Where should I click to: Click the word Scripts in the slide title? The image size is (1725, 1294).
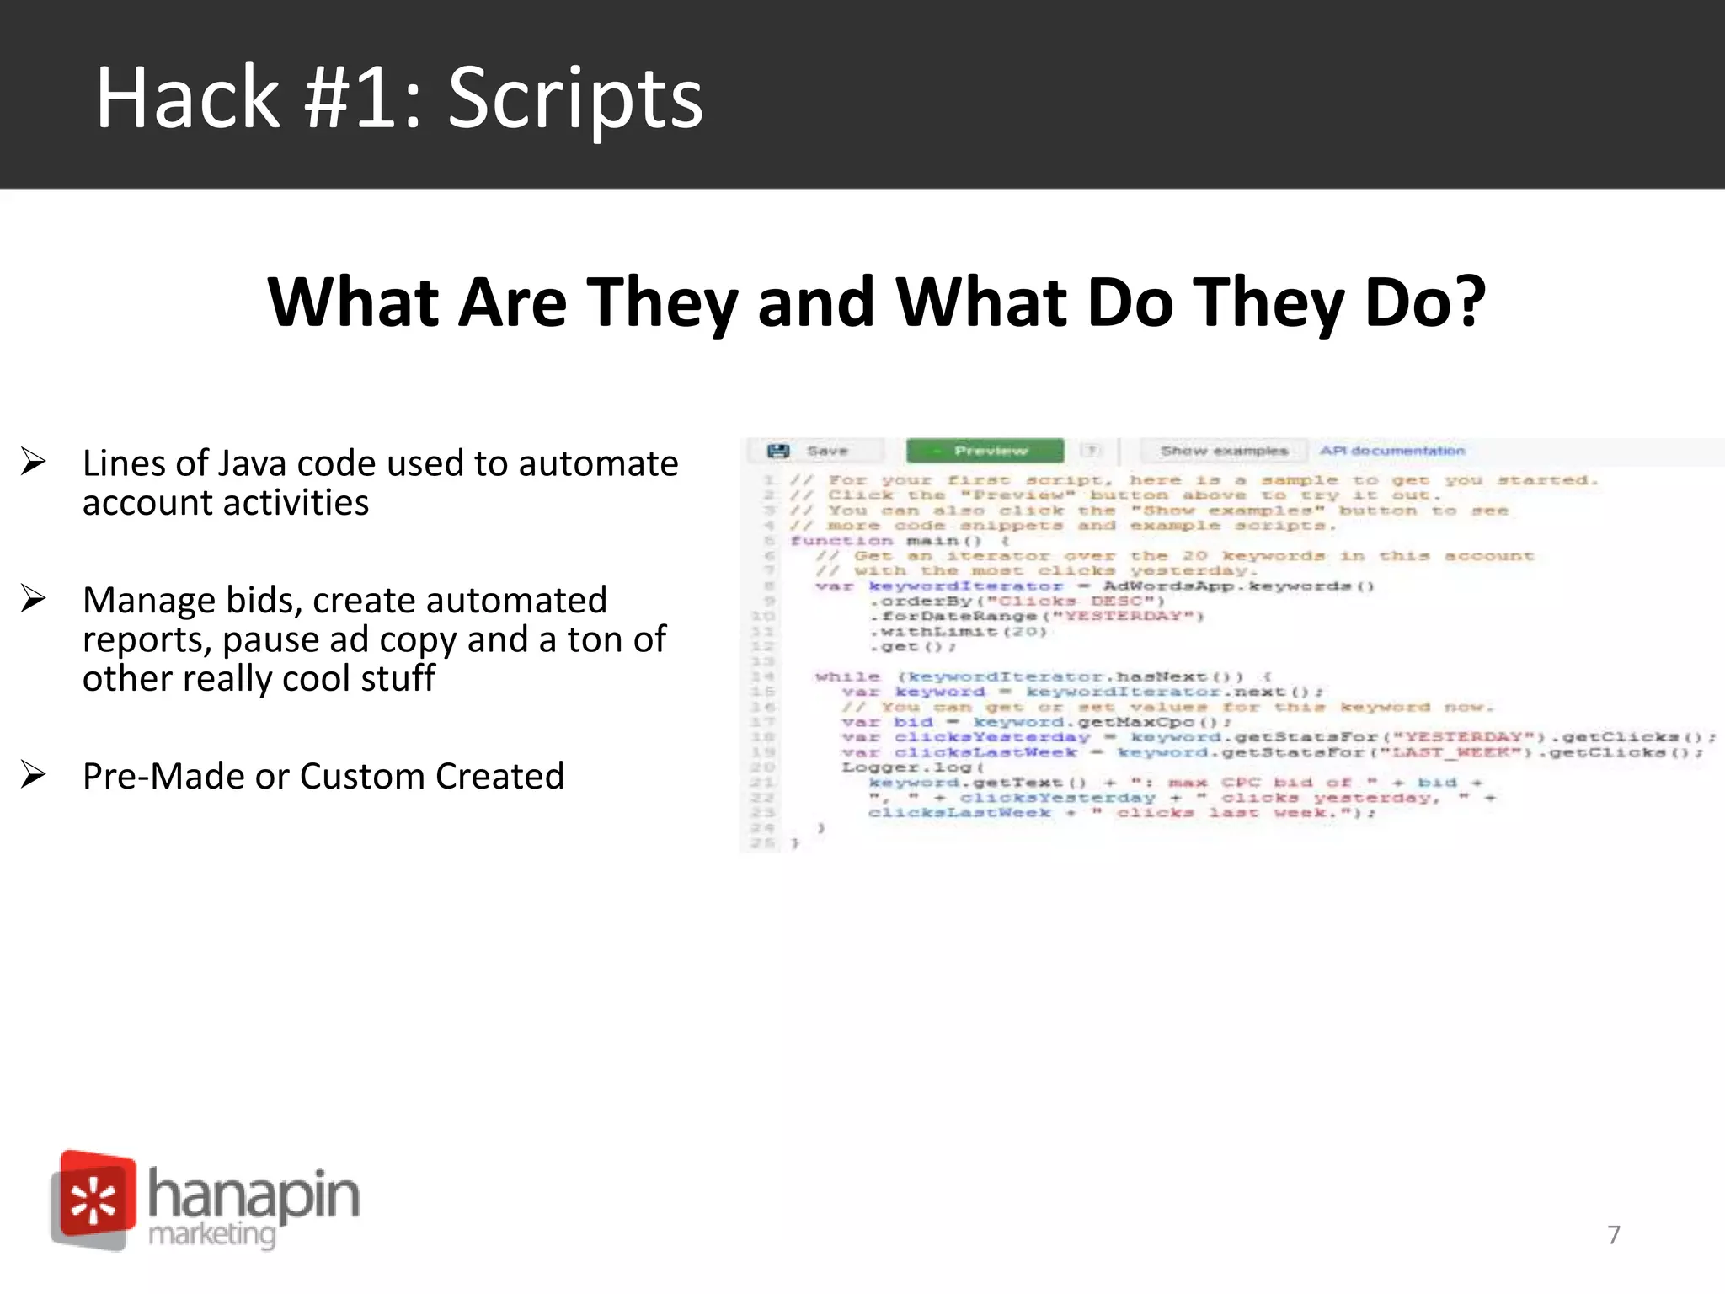pyautogui.click(x=575, y=99)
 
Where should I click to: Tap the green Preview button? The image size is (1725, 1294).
pyautogui.click(x=985, y=451)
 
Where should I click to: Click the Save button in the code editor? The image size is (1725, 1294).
pyautogui.click(x=826, y=451)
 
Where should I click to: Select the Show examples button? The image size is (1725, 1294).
pyautogui.click(x=1224, y=451)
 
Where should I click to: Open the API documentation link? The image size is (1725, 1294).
pyautogui.click(x=1392, y=451)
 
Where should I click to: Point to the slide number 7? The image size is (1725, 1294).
pyautogui.click(x=1613, y=1234)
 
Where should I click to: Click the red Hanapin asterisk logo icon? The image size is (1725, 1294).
pyautogui.click(x=93, y=1199)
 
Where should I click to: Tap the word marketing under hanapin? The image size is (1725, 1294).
pyautogui.click(x=212, y=1234)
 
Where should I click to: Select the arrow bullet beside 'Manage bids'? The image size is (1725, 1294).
pyautogui.click(x=34, y=598)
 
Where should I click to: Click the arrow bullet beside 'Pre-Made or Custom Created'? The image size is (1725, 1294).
pyautogui.click(x=34, y=774)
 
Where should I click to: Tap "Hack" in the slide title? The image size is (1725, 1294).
pyautogui.click(x=187, y=99)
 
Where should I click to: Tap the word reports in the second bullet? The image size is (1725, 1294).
pyautogui.click(x=147, y=639)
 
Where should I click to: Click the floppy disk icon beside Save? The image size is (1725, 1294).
pyautogui.click(x=778, y=451)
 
